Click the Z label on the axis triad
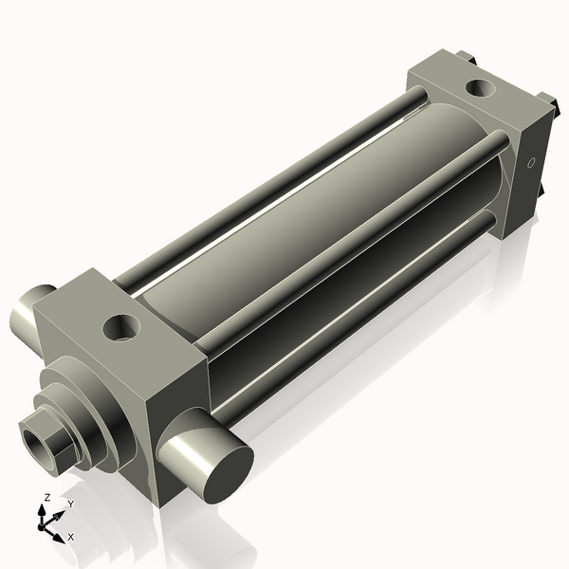point(46,497)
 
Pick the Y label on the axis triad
point(69,505)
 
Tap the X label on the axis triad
point(70,537)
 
